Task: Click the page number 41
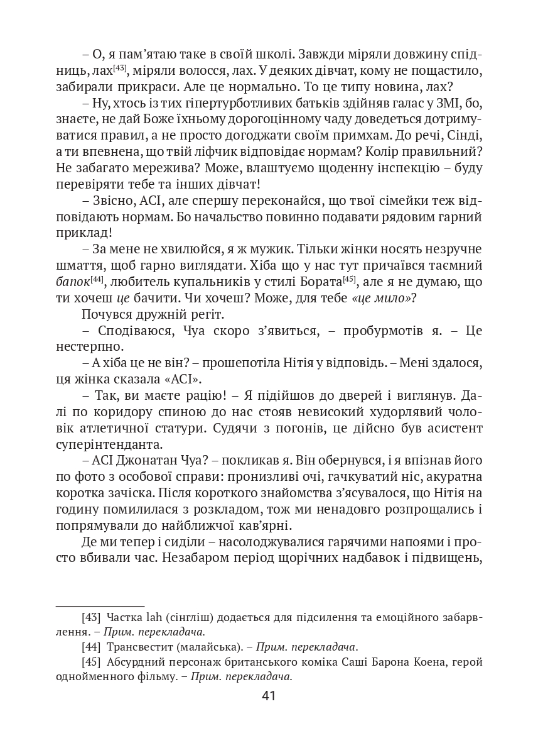pyautogui.click(x=269, y=695)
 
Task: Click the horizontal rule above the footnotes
pyautogui.click(x=100, y=602)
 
